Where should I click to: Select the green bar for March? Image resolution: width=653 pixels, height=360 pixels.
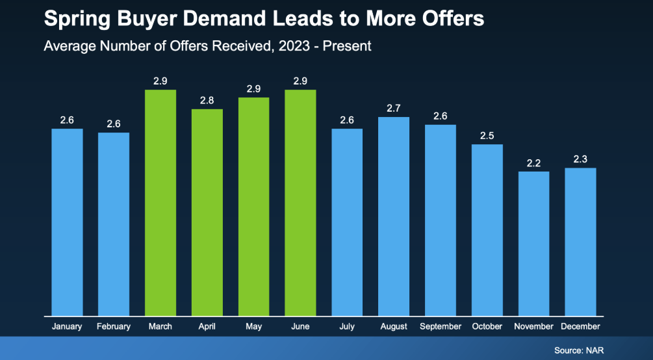coord(160,202)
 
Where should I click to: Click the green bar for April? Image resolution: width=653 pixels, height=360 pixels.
coord(207,212)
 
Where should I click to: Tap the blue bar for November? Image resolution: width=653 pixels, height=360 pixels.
coord(534,243)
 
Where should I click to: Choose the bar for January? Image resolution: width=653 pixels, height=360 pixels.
coord(68,222)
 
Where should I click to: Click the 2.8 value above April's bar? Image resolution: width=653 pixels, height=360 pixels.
coord(207,100)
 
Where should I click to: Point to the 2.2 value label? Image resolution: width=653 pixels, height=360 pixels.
coord(534,163)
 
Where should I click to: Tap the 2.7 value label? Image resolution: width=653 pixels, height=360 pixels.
coord(394,109)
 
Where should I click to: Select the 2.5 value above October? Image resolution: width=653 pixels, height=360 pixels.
coord(487,135)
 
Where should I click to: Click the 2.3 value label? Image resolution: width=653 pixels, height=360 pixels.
coord(580,159)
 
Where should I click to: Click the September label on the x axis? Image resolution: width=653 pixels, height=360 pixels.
coord(441,326)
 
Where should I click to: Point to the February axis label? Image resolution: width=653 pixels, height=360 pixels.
coord(114,326)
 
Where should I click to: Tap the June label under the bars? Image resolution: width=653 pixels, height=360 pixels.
coord(300,326)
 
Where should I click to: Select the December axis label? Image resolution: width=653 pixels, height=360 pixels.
coord(580,326)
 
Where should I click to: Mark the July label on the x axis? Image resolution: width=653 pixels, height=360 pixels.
coord(347,326)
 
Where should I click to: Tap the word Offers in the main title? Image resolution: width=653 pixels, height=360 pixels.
coord(448,19)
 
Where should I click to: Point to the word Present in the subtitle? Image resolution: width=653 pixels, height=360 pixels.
coord(348,47)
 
